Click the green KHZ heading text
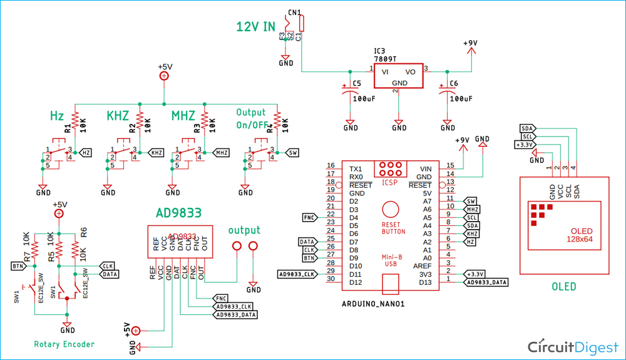(117, 116)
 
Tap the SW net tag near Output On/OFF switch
(292, 152)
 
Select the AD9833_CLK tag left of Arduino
(297, 274)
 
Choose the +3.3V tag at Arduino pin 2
(475, 274)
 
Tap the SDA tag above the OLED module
(527, 128)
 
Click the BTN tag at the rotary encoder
(17, 266)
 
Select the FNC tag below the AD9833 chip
(222, 298)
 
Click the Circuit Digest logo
(573, 346)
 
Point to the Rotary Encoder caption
(64, 344)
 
